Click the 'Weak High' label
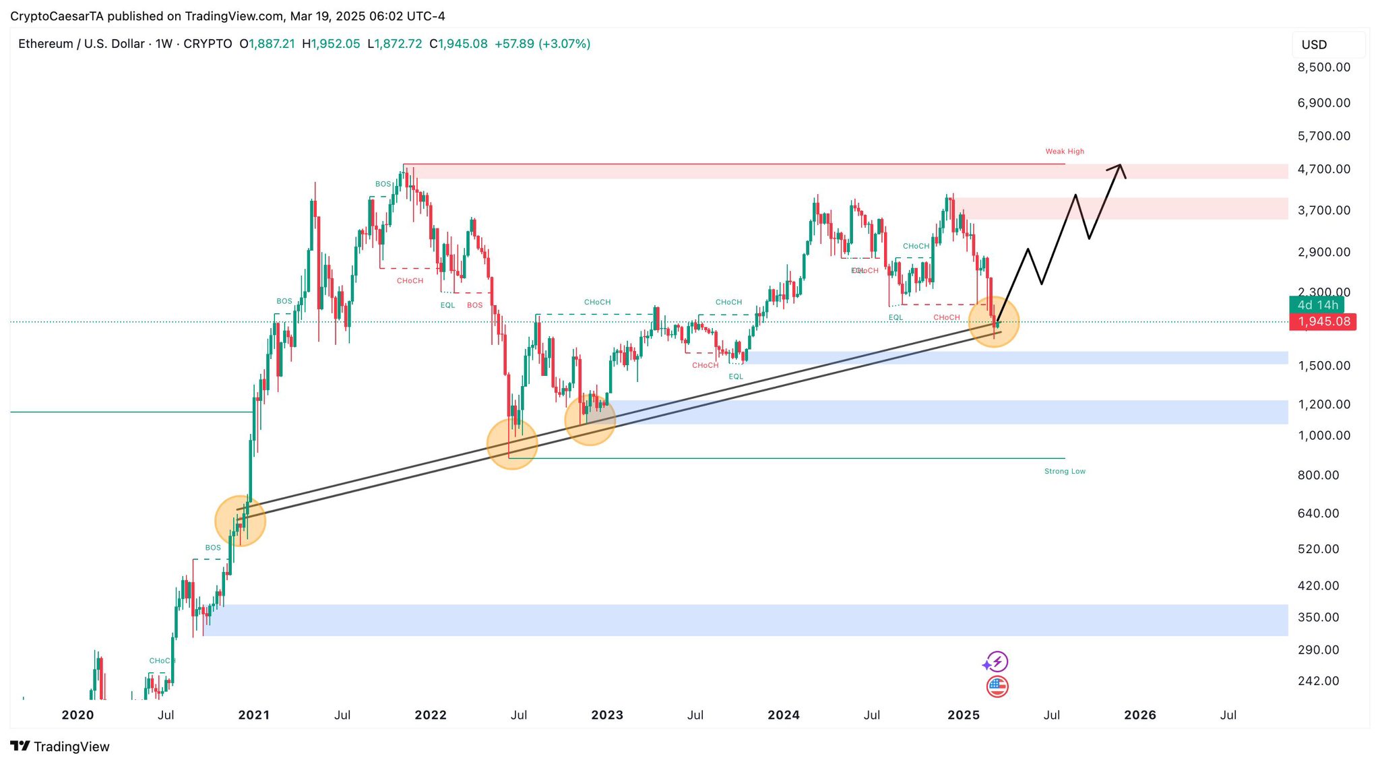(x=1065, y=152)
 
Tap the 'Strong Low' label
(x=1065, y=472)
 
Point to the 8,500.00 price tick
(x=1323, y=67)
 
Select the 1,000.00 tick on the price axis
(x=1323, y=436)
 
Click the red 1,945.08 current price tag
(x=1323, y=321)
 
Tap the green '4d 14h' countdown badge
(x=1317, y=305)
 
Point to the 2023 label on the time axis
(x=607, y=715)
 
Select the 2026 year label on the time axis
(x=1139, y=715)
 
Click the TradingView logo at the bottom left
(x=60, y=746)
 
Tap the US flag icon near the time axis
(x=997, y=687)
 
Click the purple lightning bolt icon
(x=997, y=662)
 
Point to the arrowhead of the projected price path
(x=1119, y=166)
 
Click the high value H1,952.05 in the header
(x=331, y=44)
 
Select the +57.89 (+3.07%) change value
(x=542, y=44)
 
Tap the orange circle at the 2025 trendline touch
(x=994, y=322)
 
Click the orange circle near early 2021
(x=241, y=521)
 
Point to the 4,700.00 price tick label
(x=1323, y=169)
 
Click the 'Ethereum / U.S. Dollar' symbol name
(x=81, y=44)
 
